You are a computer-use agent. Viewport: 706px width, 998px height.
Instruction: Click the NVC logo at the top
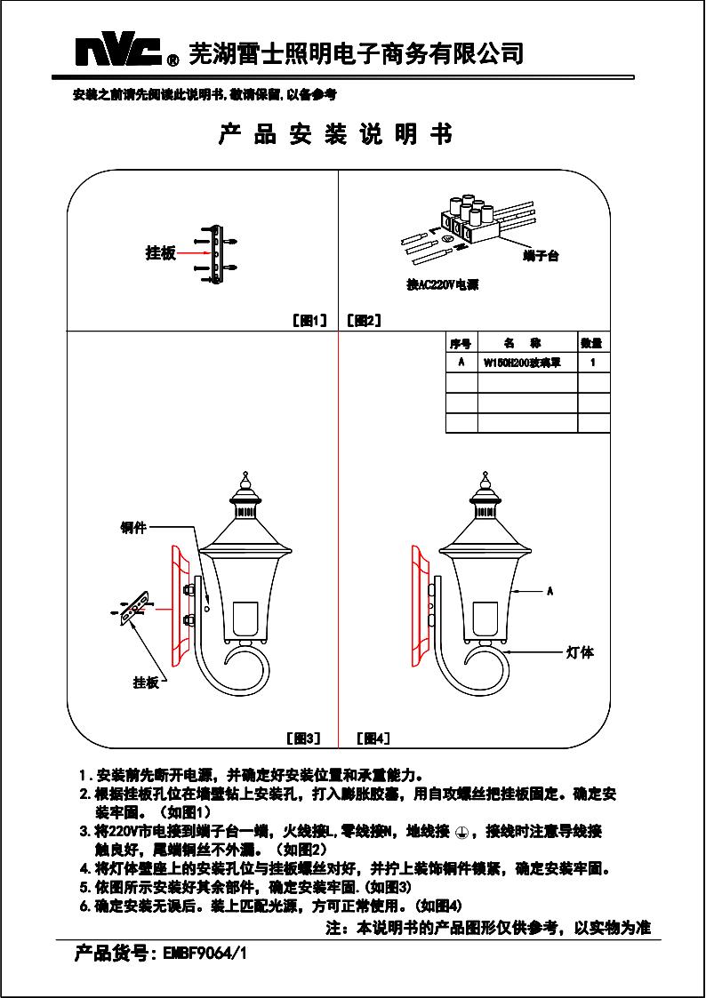[117, 52]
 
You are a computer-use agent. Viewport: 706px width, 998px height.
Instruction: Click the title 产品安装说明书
[336, 135]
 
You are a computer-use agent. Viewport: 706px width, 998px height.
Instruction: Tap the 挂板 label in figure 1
[161, 254]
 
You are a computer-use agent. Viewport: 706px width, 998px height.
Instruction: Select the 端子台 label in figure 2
[541, 256]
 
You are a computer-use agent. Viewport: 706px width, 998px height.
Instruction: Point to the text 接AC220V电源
[443, 286]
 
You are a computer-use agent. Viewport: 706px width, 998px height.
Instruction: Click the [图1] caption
[310, 320]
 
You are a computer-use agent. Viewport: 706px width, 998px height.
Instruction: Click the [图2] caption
[365, 320]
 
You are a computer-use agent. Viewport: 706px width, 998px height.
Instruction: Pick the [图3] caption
[302, 738]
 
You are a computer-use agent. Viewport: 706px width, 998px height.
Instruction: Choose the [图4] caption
[373, 738]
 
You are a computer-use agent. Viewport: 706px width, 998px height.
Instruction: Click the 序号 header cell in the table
[461, 343]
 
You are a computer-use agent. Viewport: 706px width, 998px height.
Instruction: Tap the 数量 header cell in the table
[592, 343]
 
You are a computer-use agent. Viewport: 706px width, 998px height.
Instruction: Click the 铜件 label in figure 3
[134, 528]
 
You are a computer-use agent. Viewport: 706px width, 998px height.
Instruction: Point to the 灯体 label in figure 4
[580, 653]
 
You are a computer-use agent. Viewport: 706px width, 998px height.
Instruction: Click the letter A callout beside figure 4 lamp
[550, 591]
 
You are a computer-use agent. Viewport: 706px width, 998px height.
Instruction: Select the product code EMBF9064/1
[205, 954]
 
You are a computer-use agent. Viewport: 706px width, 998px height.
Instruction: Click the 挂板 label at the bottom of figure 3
[147, 683]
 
